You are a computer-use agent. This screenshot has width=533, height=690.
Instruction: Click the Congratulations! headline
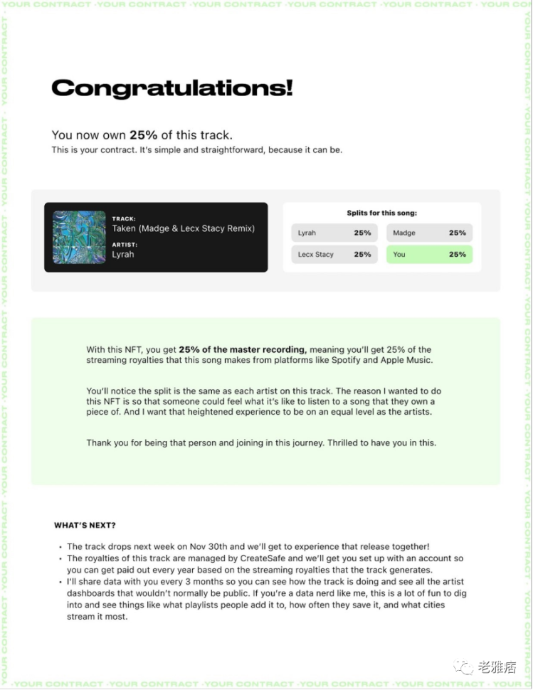click(171, 88)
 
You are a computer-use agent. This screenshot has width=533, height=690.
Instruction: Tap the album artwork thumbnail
click(79, 237)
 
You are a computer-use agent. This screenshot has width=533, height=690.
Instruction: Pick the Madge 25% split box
click(429, 233)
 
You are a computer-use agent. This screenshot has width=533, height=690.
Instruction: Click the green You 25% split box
click(429, 254)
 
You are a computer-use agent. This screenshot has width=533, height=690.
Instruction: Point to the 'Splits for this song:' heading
click(381, 213)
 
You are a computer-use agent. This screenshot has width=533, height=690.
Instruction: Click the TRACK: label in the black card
click(124, 219)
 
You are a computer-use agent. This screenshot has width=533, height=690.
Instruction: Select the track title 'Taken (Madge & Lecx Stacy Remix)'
click(183, 228)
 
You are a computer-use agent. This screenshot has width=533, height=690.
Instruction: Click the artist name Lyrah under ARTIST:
click(122, 254)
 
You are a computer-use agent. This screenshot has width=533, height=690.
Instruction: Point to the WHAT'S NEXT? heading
click(85, 526)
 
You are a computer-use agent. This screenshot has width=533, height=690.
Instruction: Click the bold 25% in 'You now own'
click(142, 135)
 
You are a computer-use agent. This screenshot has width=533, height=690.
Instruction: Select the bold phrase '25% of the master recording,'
click(243, 349)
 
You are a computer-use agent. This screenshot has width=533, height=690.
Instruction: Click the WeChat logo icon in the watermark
click(465, 667)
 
